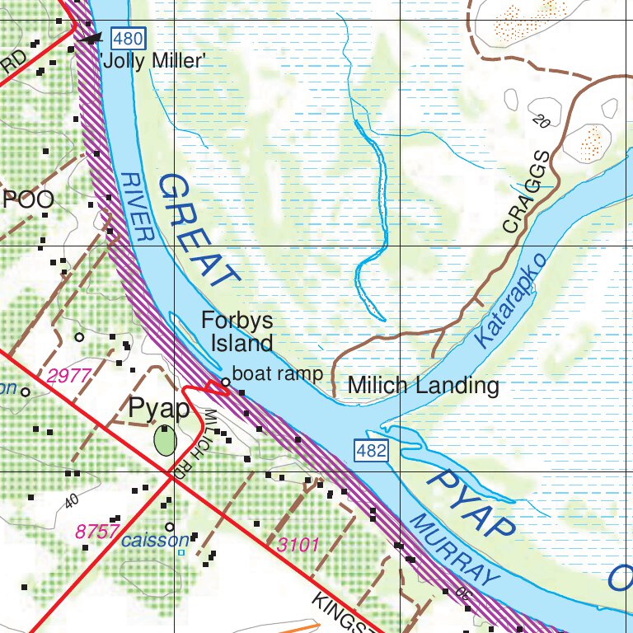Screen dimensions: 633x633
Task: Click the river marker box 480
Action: click(x=129, y=37)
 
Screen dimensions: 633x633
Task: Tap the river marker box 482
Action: click(x=371, y=450)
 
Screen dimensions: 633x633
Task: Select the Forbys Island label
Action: click(x=238, y=331)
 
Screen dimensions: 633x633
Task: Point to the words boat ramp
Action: click(x=277, y=373)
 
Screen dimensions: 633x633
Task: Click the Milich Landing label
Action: click(x=423, y=385)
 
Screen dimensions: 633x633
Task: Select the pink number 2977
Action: click(x=68, y=377)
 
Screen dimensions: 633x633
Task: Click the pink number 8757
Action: click(x=97, y=532)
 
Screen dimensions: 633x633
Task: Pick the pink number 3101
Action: click(x=298, y=544)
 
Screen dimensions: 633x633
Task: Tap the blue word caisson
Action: click(x=156, y=542)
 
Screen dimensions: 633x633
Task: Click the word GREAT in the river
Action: click(x=198, y=230)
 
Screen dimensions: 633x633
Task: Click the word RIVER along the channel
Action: click(x=137, y=206)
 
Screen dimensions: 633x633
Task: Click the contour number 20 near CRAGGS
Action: click(x=541, y=122)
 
